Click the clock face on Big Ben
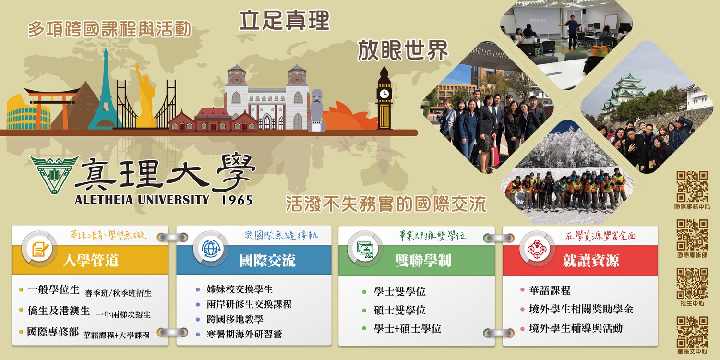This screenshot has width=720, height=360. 384,93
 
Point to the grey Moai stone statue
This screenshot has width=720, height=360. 317,108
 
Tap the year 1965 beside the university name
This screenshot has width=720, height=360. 237,200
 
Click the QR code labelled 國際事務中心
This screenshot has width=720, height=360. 692,186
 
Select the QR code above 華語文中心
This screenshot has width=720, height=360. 692,332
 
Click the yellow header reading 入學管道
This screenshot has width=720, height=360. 91,261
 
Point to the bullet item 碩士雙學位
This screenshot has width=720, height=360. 399,310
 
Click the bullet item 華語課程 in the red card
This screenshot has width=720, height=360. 550,290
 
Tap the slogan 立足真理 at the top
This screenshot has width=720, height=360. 284,21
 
